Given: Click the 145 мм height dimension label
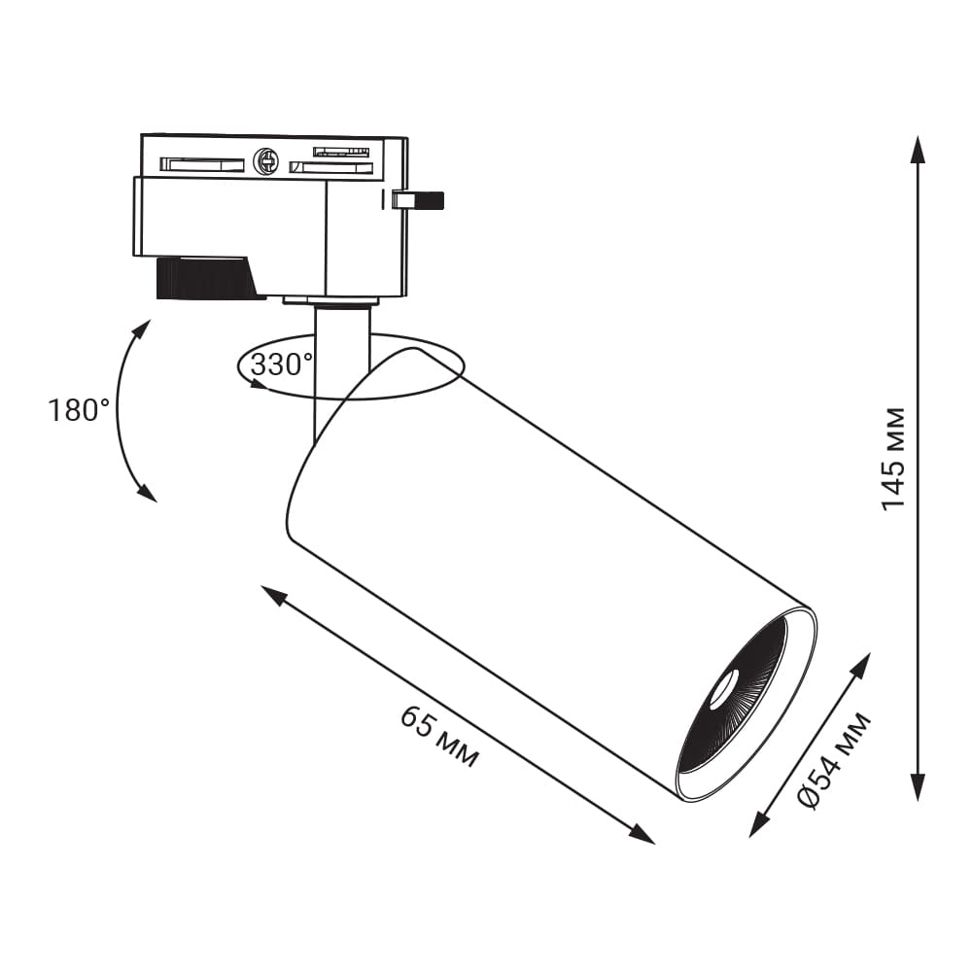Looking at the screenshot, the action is tap(893, 460).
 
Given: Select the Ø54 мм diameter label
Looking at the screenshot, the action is tap(834, 761).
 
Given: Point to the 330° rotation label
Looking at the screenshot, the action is tap(282, 364).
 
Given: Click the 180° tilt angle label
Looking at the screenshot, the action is tap(79, 410).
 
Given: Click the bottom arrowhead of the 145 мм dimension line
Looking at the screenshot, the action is tap(919, 786).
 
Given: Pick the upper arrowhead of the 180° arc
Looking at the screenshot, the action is tap(143, 329).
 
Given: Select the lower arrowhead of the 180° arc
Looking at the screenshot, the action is tap(148, 492).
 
